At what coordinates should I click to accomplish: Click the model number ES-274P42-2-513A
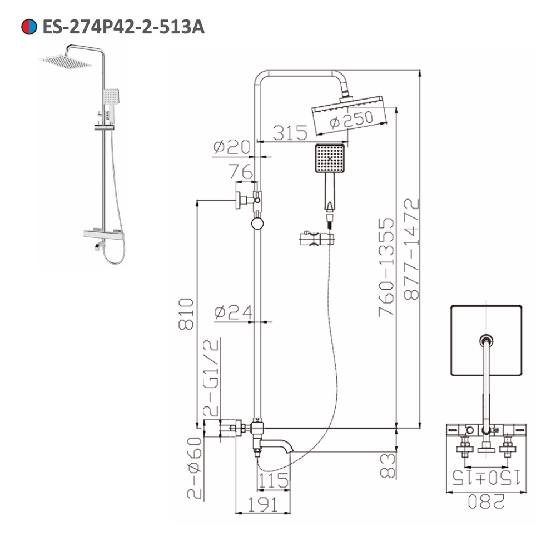point(123,26)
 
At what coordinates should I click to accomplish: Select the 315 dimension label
point(290,132)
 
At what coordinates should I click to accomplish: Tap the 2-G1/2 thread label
point(212,378)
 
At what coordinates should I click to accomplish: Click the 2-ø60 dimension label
point(194,467)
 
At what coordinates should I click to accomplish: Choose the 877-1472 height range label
point(411,250)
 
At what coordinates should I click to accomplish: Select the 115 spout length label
point(273,479)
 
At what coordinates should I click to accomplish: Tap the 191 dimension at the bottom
point(262,504)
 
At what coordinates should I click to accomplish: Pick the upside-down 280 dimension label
point(485,502)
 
